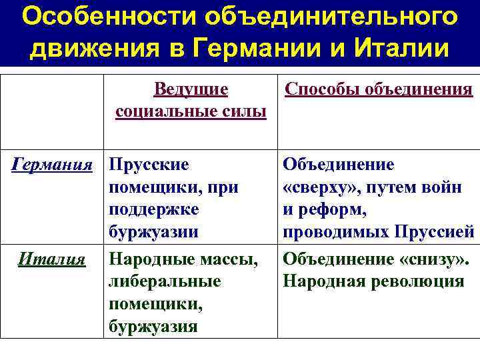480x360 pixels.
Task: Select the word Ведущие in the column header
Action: tap(191, 89)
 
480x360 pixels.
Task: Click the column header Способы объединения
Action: tap(379, 89)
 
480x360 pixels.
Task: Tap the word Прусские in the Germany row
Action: tap(149, 164)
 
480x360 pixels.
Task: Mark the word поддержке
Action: tap(153, 209)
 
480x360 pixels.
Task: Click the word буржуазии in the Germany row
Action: tap(153, 233)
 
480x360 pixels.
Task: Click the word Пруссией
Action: tap(435, 233)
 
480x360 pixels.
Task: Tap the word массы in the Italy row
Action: tap(230, 258)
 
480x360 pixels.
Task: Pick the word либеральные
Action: tap(165, 281)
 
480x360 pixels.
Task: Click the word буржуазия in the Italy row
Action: tap(153, 326)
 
